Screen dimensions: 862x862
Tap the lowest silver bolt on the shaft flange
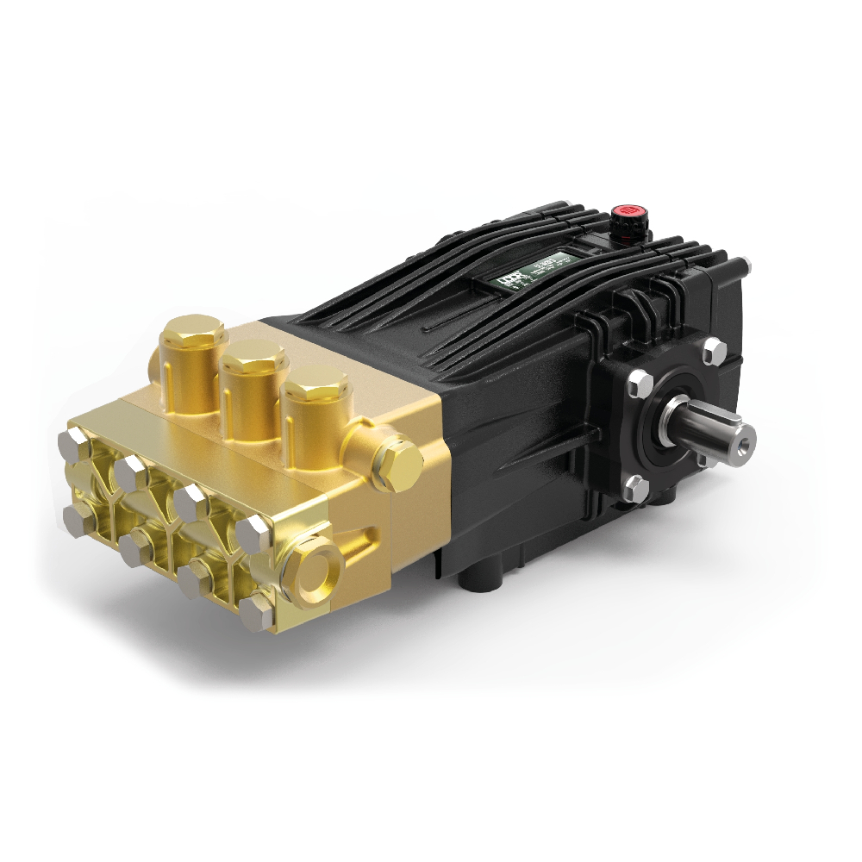(636, 489)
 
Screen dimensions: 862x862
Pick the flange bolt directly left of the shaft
(639, 383)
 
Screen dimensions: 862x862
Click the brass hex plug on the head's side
(399, 463)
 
